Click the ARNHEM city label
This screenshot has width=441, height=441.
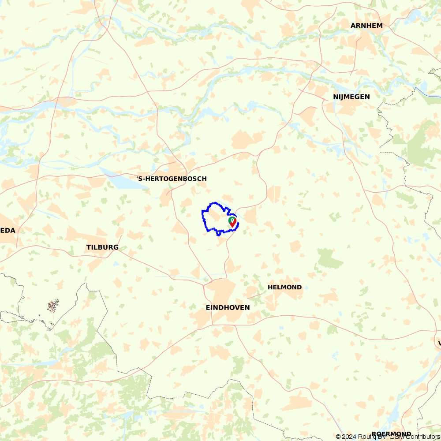tap(366, 26)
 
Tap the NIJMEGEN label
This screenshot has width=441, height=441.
tap(351, 97)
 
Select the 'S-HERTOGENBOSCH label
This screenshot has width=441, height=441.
tap(171, 179)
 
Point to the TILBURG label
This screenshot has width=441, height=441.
tap(102, 247)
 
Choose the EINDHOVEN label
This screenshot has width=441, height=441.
tap(228, 307)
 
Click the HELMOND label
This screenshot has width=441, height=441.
tap(284, 287)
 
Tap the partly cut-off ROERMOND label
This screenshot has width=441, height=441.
tap(391, 434)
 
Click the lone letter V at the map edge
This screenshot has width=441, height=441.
tap(439, 343)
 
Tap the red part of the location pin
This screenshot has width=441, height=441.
tap(232, 224)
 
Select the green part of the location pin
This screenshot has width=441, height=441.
tap(232, 218)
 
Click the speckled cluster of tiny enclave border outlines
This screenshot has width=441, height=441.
tap(53, 305)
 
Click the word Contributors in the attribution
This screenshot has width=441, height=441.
tap(421, 437)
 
